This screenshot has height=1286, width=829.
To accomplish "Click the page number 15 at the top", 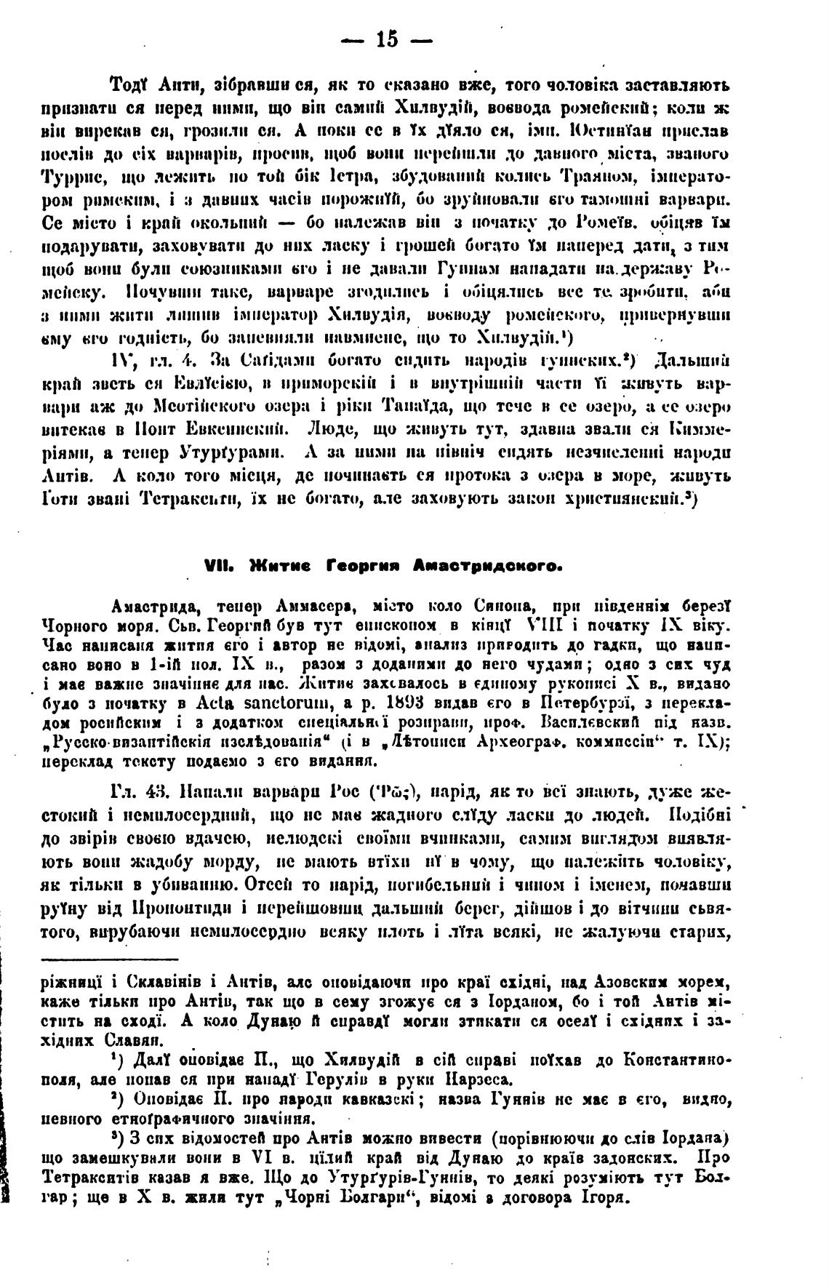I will click(x=386, y=40).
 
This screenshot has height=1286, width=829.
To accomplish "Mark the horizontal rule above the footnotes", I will click(x=110, y=959).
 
